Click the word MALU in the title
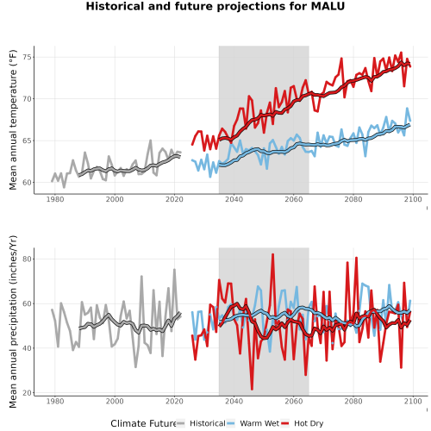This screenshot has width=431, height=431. (x=328, y=6)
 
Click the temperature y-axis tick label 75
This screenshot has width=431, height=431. (x=28, y=57)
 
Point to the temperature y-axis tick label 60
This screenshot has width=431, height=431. (x=28, y=183)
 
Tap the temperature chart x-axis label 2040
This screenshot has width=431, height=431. (x=234, y=199)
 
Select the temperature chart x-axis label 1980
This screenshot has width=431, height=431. (x=55, y=199)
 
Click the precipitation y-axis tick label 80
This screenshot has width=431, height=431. (x=28, y=259)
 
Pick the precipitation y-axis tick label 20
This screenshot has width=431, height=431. (x=28, y=393)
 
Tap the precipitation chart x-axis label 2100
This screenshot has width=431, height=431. (x=413, y=401)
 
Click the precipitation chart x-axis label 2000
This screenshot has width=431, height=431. (x=115, y=401)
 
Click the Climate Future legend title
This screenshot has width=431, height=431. (x=143, y=423)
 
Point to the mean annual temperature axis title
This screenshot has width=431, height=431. (x=13, y=120)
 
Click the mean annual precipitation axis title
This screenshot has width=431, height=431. (x=13, y=322)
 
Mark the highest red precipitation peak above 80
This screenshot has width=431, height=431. (x=273, y=254)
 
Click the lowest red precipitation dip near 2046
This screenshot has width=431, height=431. (x=252, y=389)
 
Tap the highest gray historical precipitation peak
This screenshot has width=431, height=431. (x=174, y=270)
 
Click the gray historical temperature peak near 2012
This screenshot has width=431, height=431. (x=151, y=141)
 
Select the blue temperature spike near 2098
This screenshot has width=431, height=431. (x=407, y=109)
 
